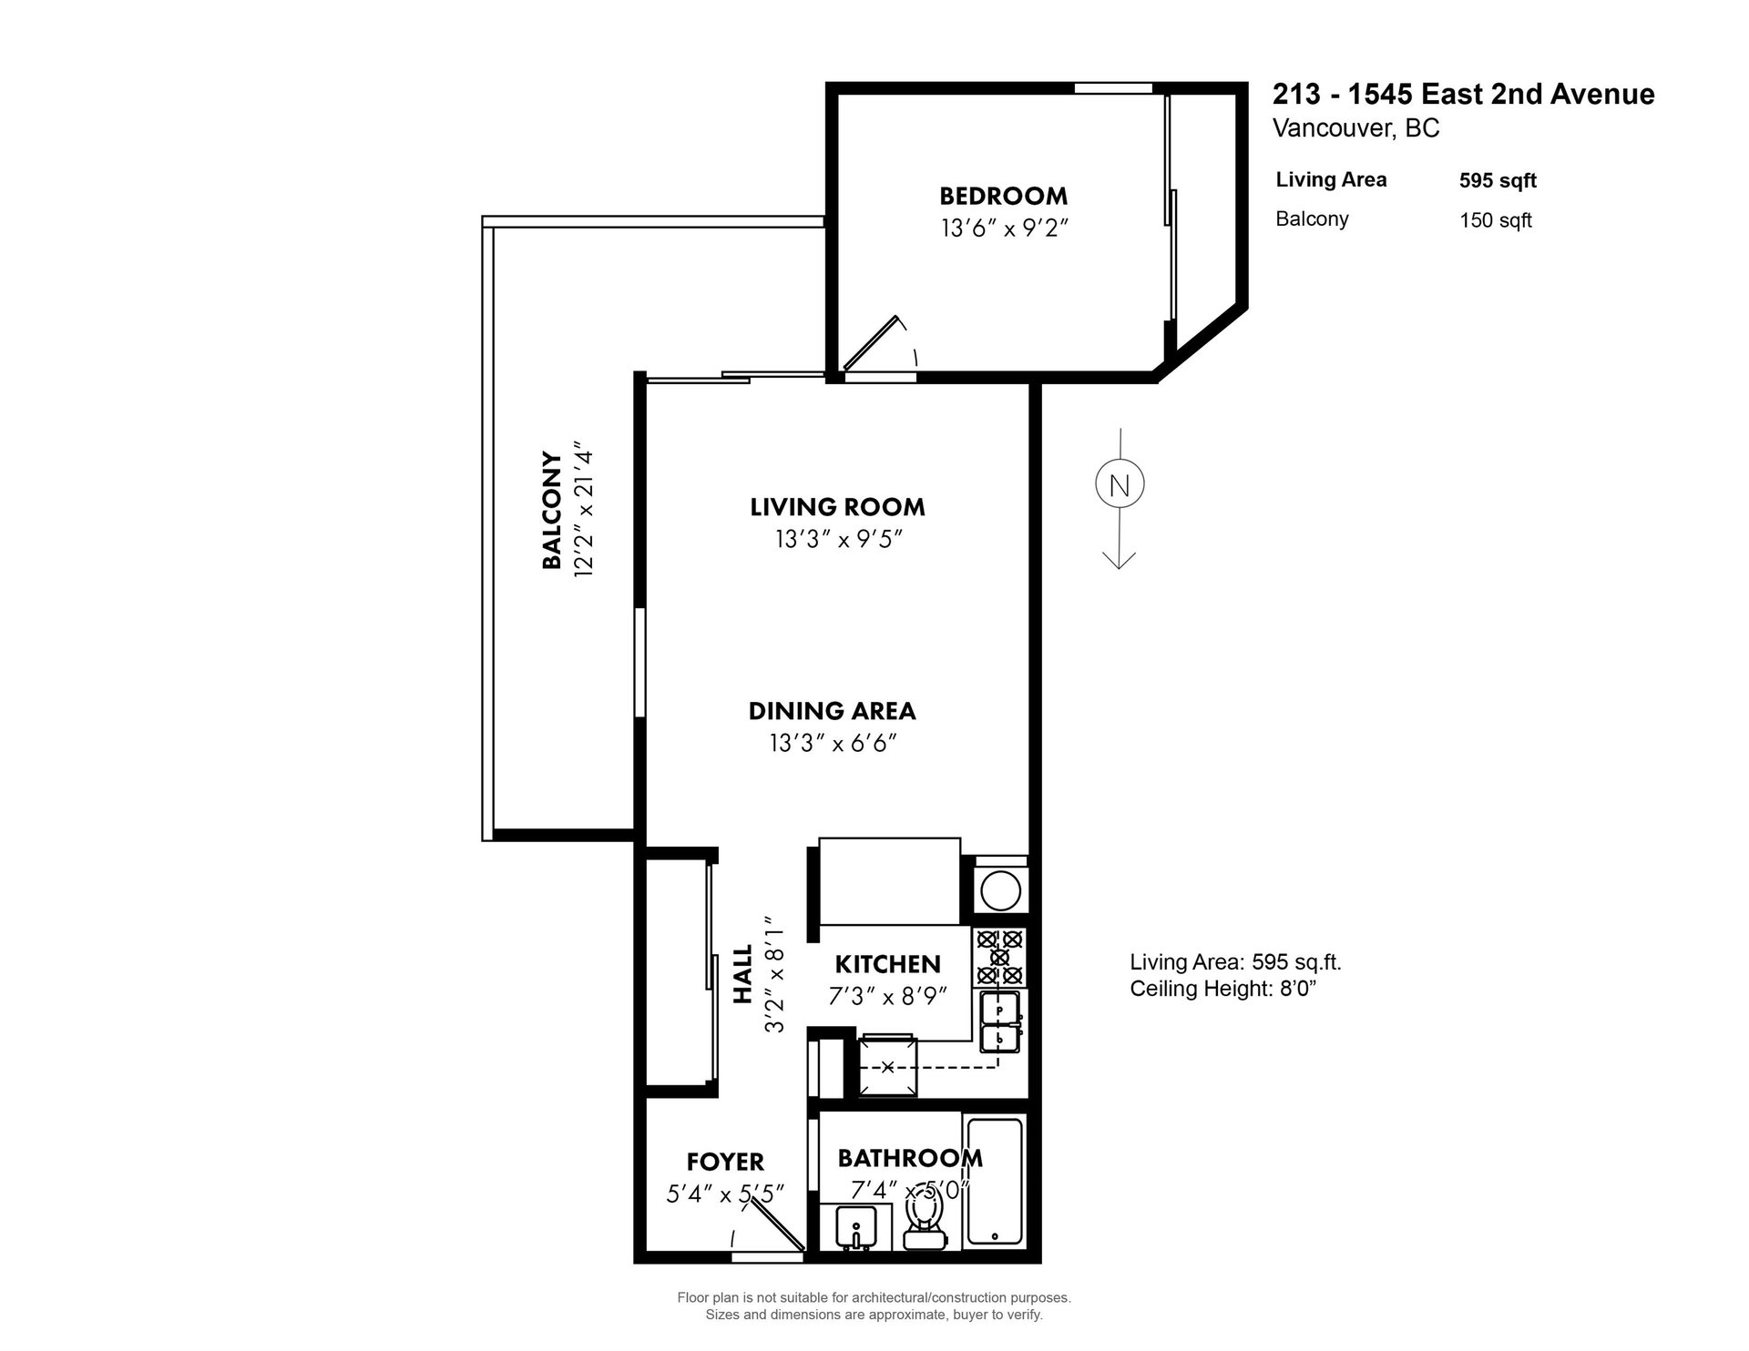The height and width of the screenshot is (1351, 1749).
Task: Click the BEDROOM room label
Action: tap(1003, 196)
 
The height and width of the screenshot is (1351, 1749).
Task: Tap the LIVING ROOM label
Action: tap(837, 507)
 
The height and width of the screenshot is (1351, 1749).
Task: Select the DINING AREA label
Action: tap(832, 711)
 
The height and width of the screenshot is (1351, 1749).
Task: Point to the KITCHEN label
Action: tap(887, 964)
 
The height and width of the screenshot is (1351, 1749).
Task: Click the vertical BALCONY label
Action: tap(552, 510)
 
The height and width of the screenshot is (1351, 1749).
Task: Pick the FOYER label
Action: tap(725, 1163)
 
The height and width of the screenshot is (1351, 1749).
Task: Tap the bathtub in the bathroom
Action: tap(995, 1182)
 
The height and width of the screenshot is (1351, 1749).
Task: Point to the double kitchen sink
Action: tap(1001, 1023)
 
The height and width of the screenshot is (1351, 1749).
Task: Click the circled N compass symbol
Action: tap(1120, 485)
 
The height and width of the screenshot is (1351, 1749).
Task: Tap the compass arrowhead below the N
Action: tap(1120, 560)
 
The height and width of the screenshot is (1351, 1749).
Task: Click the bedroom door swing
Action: tap(880, 344)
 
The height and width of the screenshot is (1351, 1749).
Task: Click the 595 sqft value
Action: tap(1498, 180)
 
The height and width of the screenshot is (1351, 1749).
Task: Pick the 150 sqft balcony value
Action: tap(1496, 220)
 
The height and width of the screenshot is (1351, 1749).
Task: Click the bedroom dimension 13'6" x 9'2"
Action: tap(1003, 228)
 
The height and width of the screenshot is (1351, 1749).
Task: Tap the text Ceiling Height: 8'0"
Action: tap(1223, 989)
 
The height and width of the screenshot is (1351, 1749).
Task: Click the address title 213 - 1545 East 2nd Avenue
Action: tap(1463, 95)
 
